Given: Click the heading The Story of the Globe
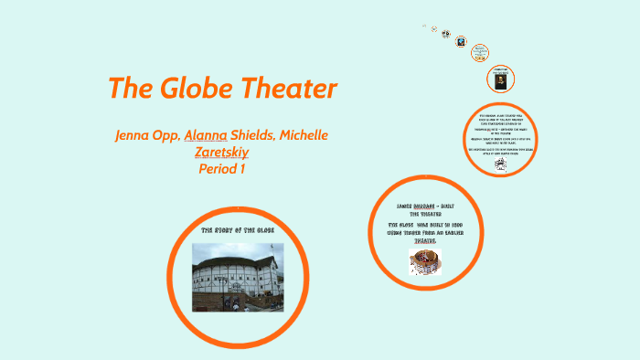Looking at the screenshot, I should coord(237,229).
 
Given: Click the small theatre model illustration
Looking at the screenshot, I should coord(425,262).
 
